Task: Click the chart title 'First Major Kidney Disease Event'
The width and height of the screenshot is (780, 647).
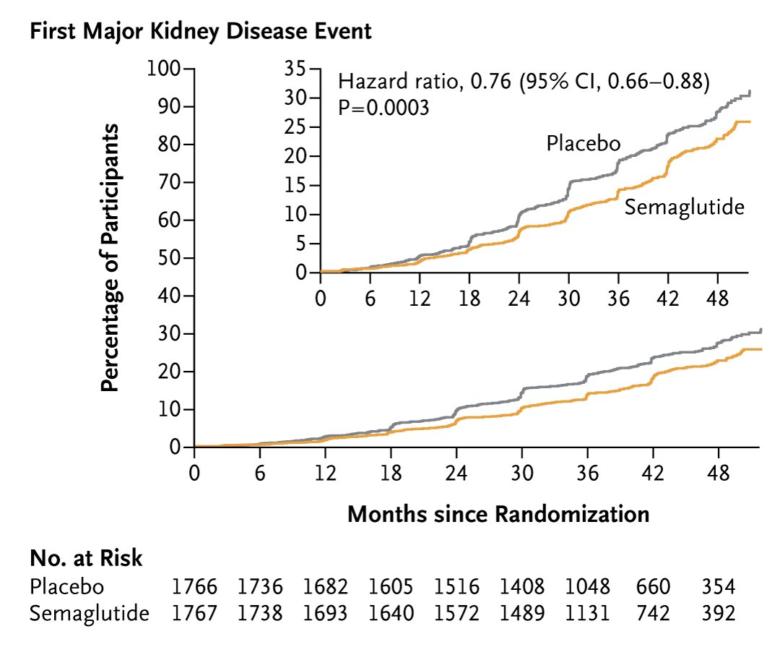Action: (x=201, y=32)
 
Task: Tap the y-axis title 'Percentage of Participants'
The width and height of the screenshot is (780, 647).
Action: (x=109, y=257)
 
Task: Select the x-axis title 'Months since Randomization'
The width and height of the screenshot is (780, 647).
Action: (x=498, y=514)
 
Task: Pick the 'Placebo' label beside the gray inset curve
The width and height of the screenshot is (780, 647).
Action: (x=583, y=143)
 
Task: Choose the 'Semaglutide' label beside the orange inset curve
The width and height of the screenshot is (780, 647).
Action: (x=684, y=207)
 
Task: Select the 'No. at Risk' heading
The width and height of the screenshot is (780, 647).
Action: (x=86, y=558)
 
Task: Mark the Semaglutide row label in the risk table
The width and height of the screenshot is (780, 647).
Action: (x=90, y=614)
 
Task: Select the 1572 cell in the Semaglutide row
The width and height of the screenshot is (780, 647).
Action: (x=457, y=614)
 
